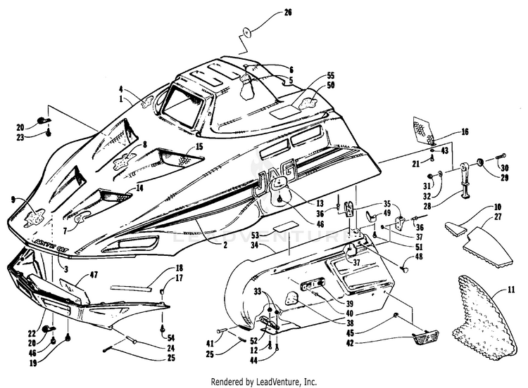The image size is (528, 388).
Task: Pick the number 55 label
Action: coord(332,75)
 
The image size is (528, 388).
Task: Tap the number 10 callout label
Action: coord(497,207)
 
